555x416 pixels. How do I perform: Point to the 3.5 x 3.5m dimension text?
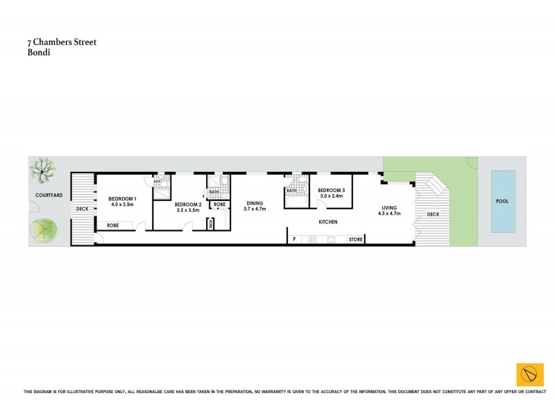pos(188,210)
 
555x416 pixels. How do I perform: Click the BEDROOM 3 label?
pos(332,191)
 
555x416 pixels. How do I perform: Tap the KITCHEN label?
pos(327,222)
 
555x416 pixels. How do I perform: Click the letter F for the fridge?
pos(294,239)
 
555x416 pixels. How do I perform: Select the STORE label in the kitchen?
pos(356,239)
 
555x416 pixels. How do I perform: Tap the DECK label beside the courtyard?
pos(83,208)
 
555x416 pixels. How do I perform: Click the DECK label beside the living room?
pos(434,214)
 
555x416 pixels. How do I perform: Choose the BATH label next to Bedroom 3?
pos(291,191)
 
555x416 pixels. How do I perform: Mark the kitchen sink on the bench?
pos(331,239)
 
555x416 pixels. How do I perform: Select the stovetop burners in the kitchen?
pos(311,239)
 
